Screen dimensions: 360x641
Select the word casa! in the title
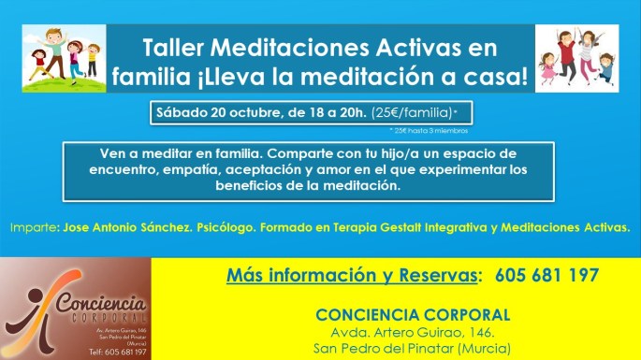[x=492, y=79]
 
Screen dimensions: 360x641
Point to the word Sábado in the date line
[x=182, y=113]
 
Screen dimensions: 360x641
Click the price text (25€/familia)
[x=417, y=113]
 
